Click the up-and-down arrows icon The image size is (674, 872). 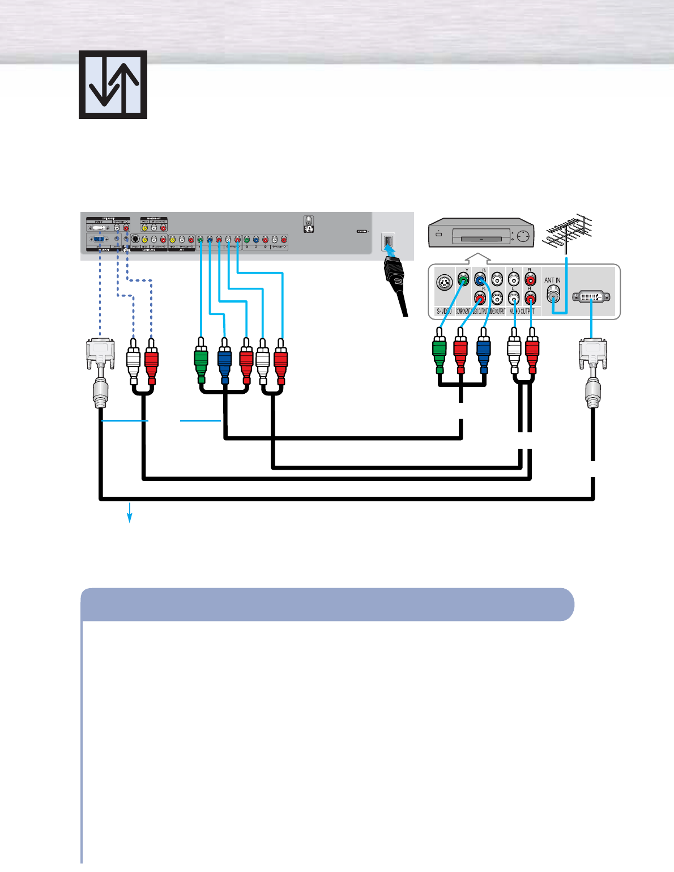[113, 85]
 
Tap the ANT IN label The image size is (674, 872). [552, 280]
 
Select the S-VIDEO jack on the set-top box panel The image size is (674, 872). [445, 282]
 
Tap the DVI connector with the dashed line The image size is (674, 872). [100, 354]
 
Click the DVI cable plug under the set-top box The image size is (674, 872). [592, 354]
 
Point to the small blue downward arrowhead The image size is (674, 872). [130, 517]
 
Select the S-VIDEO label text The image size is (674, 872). [444, 312]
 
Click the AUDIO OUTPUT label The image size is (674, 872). [522, 312]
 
